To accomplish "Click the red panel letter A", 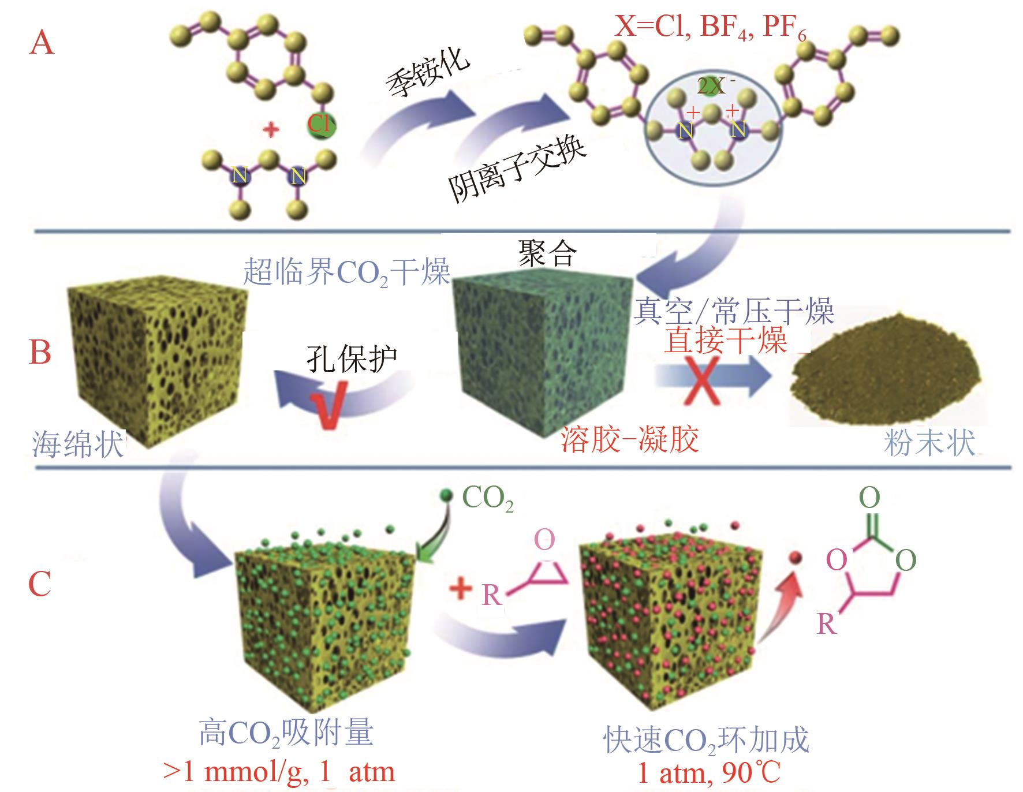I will point(42,43).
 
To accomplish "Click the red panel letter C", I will point(40,584).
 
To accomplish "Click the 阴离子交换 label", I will point(518,170).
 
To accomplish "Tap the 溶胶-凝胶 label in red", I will point(629,440).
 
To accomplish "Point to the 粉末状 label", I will point(929,443).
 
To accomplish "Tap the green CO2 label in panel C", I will point(488,499).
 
